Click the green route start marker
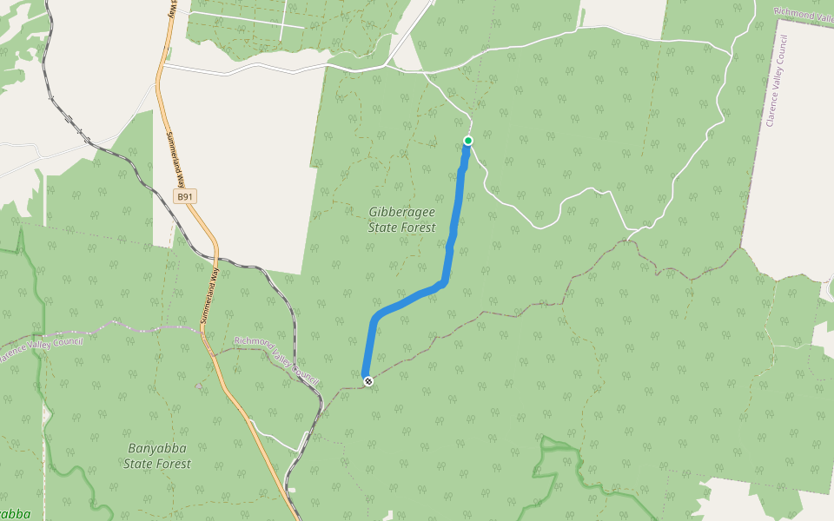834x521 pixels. pos(467,141)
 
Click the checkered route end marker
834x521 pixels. pos(368,380)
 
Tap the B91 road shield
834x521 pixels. pos(185,197)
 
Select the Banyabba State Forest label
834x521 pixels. pos(157,456)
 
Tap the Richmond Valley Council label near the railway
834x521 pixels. pos(276,356)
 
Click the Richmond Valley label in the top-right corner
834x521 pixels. pos(804,15)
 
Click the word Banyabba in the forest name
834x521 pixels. pos(157,449)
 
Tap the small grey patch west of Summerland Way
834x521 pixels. pos(199,385)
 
